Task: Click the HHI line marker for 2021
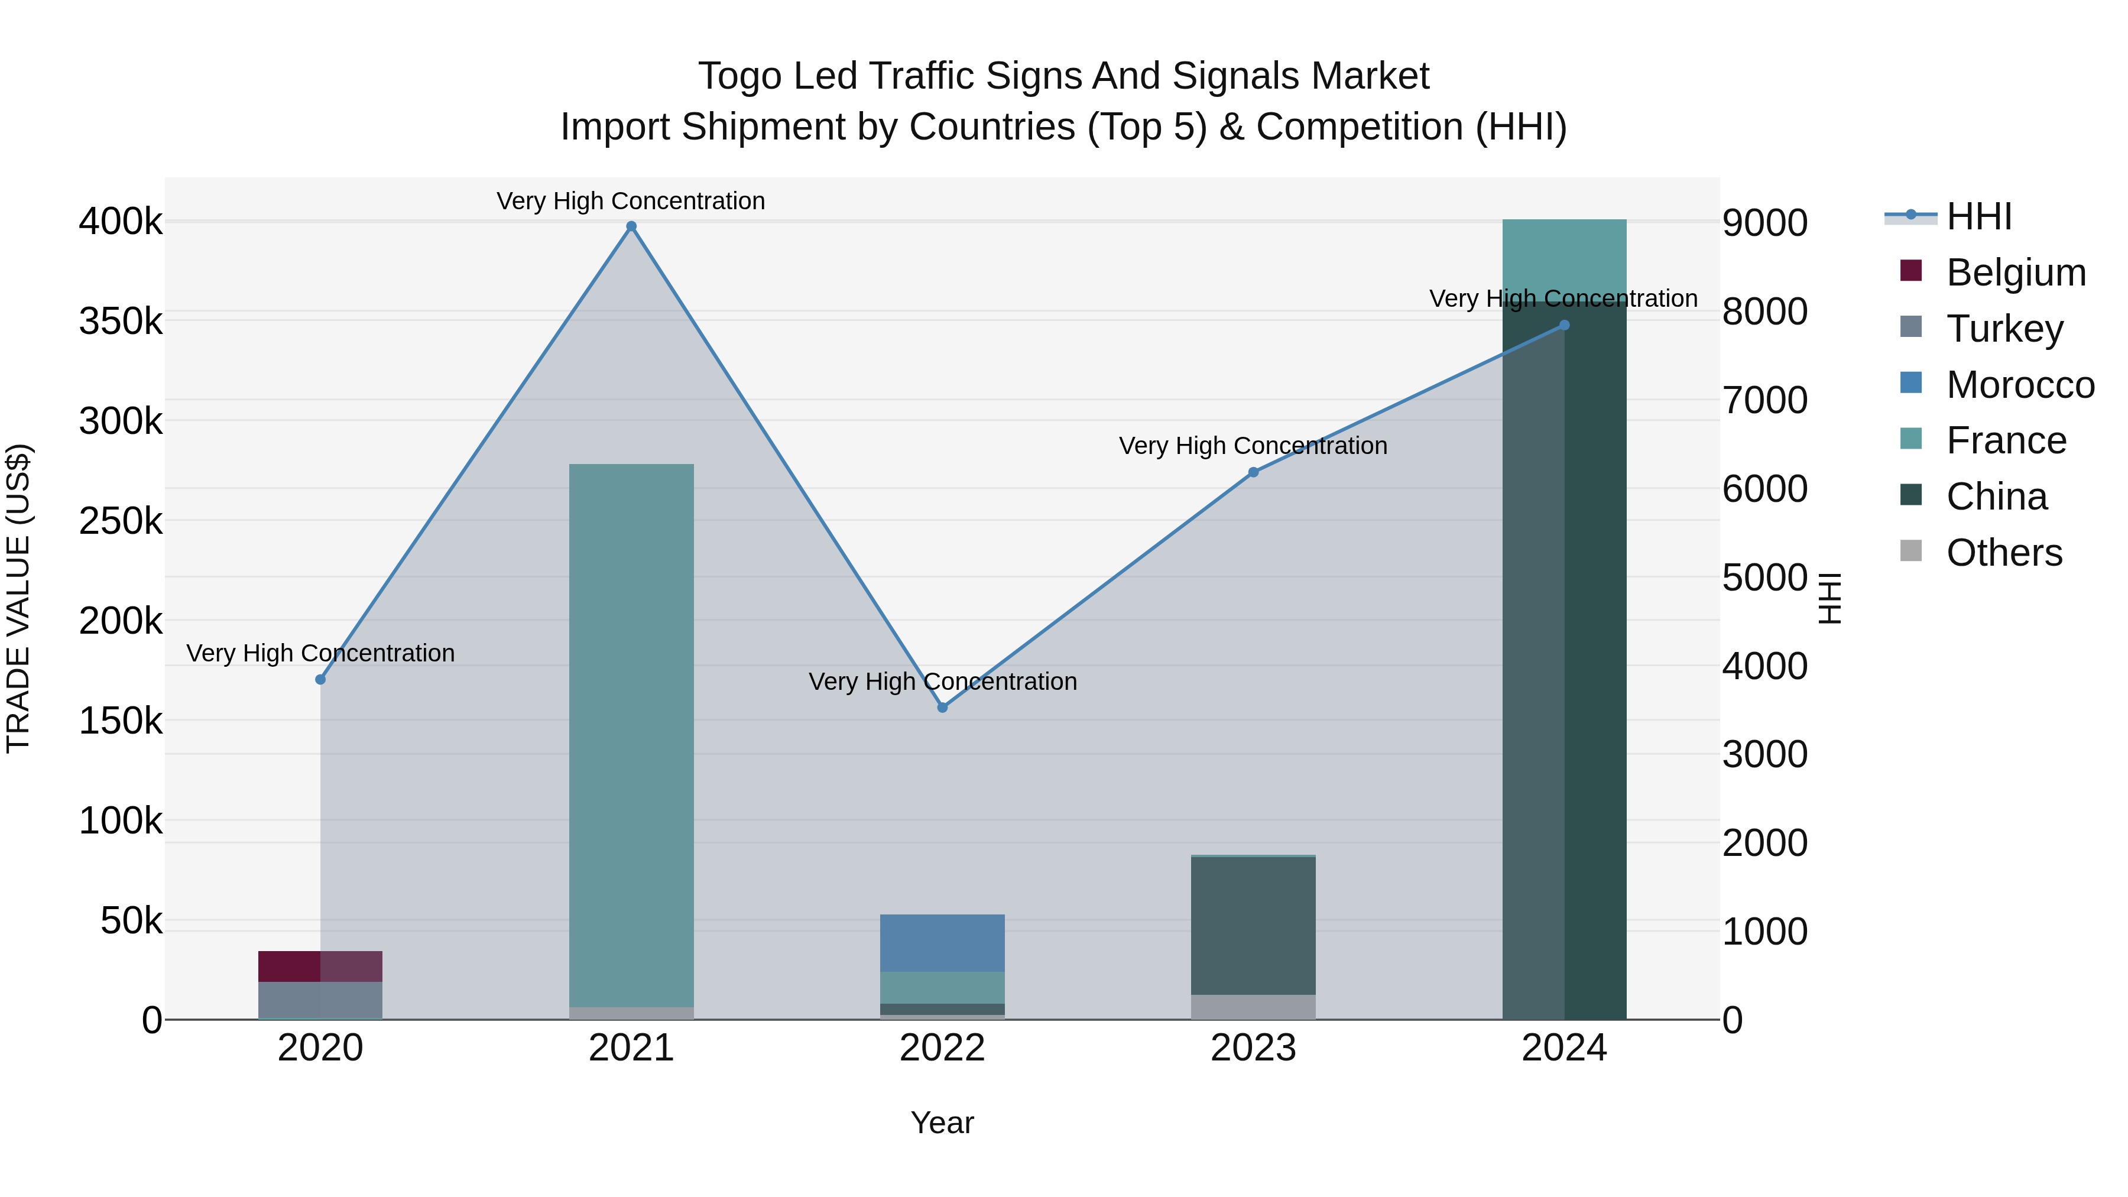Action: (631, 226)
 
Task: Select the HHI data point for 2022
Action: (943, 707)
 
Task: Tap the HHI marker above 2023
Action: (1253, 472)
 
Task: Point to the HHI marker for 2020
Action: (320, 679)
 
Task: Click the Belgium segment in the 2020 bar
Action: (320, 966)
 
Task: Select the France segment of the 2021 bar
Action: (631, 735)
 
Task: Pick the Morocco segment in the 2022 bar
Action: (943, 943)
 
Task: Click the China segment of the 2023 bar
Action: (1253, 925)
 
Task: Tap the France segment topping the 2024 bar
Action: (1563, 256)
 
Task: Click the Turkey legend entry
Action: (2004, 329)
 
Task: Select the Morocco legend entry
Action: (2019, 385)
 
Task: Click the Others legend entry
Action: (2003, 553)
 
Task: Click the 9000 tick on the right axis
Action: (1764, 223)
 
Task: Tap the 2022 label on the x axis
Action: (943, 1048)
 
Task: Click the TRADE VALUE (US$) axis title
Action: (19, 598)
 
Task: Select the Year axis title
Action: (943, 1123)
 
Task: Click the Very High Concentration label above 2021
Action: (631, 201)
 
